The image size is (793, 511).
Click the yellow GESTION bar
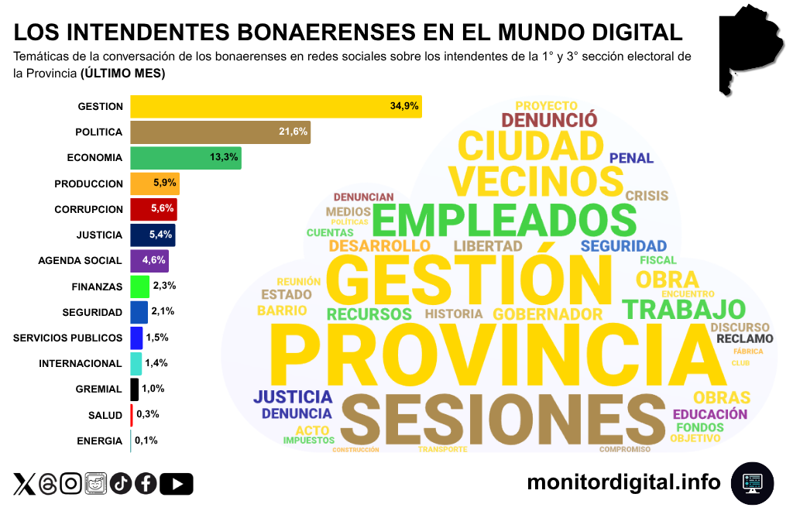click(275, 106)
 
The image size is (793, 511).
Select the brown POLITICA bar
click(220, 132)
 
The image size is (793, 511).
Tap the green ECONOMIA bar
click(186, 157)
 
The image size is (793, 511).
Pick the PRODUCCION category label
click(88, 183)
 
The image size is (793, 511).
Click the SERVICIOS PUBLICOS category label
click(68, 338)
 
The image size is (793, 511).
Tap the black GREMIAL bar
click(134, 389)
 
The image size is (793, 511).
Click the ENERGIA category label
click(99, 441)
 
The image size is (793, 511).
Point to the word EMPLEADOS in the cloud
click(505, 220)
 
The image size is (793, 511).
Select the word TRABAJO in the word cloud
click(684, 308)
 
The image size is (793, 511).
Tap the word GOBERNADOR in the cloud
click(548, 314)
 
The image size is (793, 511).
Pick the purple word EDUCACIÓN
click(710, 414)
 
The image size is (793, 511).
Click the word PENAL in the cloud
click(631, 158)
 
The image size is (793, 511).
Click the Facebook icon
click(146, 484)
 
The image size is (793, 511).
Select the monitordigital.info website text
click(623, 482)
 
